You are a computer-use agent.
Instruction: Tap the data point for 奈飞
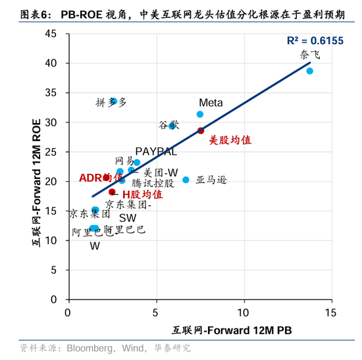(x=309, y=71)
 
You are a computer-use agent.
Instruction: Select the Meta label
(x=211, y=103)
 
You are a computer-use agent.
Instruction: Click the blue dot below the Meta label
(x=200, y=115)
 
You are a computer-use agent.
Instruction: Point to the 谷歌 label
(x=168, y=124)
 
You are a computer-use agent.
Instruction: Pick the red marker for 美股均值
(x=201, y=131)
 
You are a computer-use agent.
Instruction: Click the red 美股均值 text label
(x=230, y=140)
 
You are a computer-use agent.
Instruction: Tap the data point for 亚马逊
(x=186, y=180)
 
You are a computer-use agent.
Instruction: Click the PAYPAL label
(x=156, y=151)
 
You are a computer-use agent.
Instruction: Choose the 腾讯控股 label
(x=153, y=182)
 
